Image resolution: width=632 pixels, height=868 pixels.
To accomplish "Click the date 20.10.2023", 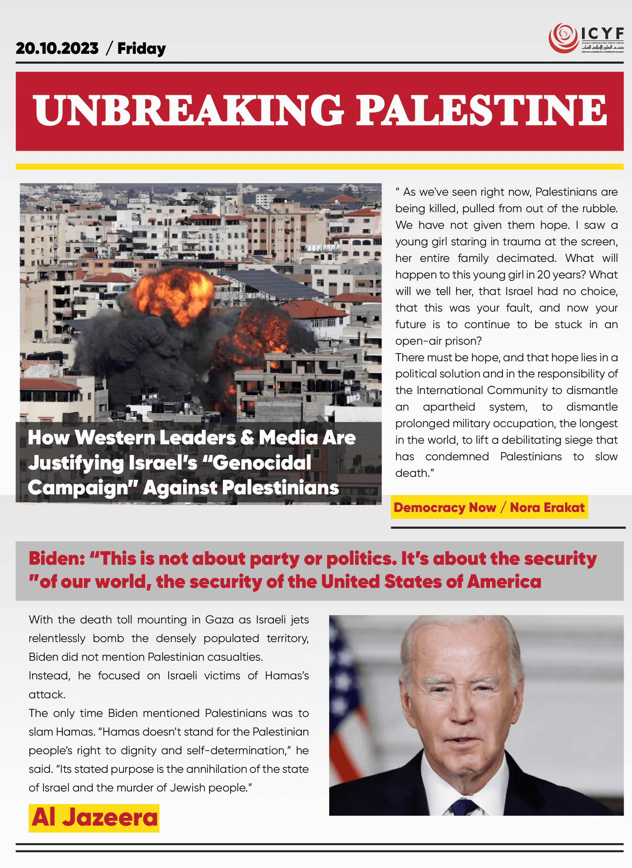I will click(x=57, y=49).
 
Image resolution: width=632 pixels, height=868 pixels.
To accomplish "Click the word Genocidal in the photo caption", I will click(x=262, y=463).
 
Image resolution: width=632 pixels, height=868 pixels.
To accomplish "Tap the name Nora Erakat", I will click(x=547, y=507).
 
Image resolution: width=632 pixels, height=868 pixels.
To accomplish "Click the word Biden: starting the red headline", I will click(x=57, y=559).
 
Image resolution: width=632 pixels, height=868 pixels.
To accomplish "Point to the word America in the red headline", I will click(x=504, y=582).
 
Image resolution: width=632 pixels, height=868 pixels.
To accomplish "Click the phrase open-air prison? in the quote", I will click(x=438, y=341).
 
